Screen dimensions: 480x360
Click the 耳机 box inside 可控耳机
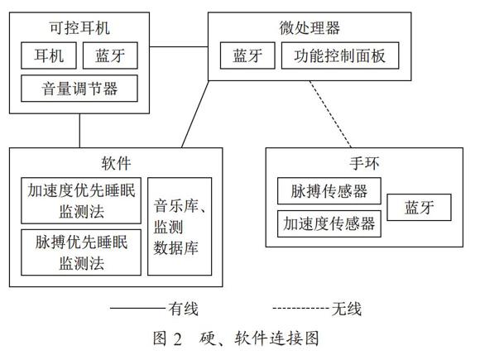[49, 55]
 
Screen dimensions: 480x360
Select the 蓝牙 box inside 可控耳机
[110, 55]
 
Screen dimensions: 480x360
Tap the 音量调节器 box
[79, 89]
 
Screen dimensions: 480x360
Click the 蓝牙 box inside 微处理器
[247, 55]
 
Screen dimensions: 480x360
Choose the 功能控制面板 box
[340, 55]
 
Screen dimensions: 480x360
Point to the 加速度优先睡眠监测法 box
[81, 200]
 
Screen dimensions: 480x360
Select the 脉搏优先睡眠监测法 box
[81, 252]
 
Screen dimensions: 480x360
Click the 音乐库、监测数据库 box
[180, 227]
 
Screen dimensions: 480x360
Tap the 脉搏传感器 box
[329, 190]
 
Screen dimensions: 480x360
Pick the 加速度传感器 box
[329, 223]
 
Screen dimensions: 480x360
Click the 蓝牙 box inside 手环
[419, 207]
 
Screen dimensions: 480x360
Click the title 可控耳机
[79, 28]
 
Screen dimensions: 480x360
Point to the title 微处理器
[310, 28]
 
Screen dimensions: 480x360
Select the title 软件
[116, 163]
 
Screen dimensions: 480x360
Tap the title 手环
[364, 163]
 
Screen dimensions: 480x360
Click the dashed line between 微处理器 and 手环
[330, 114]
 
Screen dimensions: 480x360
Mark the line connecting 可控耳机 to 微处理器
[179, 47]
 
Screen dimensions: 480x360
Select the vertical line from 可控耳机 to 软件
[79, 131]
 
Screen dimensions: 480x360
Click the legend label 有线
[184, 309]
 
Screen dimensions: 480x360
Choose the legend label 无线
[347, 309]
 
